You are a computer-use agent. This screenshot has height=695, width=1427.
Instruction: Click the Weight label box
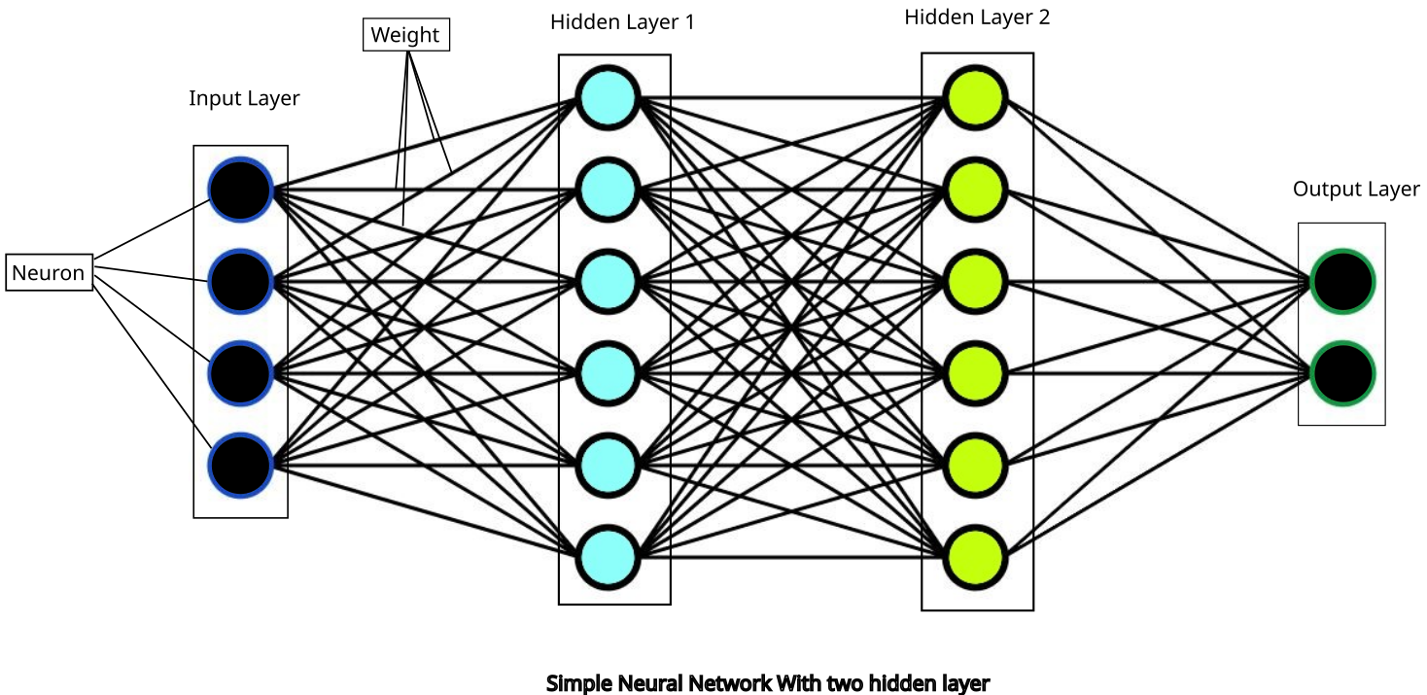(405, 36)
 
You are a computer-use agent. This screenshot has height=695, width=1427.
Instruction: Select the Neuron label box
(49, 273)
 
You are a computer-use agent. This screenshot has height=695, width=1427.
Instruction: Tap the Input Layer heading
(244, 98)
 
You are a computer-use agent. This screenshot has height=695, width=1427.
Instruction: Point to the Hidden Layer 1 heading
(622, 21)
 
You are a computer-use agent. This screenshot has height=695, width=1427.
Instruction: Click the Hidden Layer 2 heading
(977, 17)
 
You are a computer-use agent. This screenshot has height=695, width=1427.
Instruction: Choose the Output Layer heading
(1356, 189)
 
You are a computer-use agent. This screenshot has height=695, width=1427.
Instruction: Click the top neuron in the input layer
(240, 190)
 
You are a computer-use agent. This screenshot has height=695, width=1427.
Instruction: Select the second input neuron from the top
(240, 282)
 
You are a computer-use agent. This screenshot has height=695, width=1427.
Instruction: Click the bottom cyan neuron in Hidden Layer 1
(609, 557)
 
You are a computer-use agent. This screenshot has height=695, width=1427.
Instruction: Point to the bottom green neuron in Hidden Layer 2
(975, 557)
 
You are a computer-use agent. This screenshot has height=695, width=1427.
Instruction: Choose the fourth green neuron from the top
(975, 373)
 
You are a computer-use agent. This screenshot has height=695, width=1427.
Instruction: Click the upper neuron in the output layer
(1341, 282)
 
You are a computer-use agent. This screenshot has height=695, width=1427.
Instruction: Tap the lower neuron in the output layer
(1341, 373)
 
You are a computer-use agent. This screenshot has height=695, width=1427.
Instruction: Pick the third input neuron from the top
(240, 373)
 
